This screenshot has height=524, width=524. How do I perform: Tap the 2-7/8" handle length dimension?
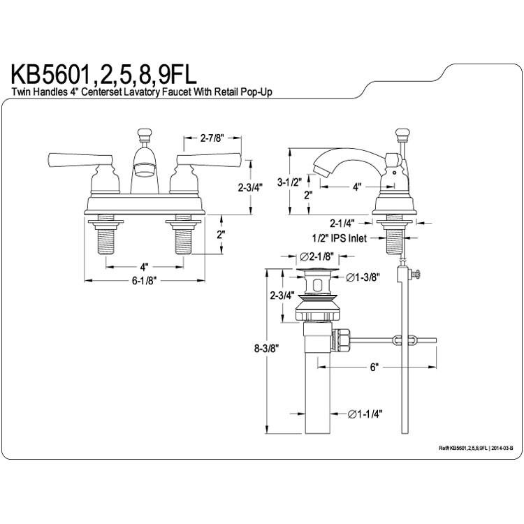[212, 138]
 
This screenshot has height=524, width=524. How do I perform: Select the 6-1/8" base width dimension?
[144, 281]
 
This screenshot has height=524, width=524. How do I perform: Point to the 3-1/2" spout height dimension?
[289, 182]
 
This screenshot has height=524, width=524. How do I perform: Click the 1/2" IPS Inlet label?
[339, 238]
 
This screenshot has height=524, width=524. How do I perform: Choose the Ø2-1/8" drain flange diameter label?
[317, 256]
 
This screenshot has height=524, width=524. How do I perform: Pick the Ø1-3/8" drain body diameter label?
[363, 277]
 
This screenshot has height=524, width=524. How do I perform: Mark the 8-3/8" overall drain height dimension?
[266, 349]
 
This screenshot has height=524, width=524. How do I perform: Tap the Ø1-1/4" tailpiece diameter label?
[365, 414]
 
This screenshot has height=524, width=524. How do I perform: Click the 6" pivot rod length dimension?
[374, 367]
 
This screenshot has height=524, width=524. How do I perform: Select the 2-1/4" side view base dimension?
[342, 223]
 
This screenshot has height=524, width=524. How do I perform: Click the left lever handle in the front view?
[80, 160]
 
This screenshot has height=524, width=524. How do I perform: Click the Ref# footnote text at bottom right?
[476, 449]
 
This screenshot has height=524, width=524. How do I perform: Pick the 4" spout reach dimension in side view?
[357, 187]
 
